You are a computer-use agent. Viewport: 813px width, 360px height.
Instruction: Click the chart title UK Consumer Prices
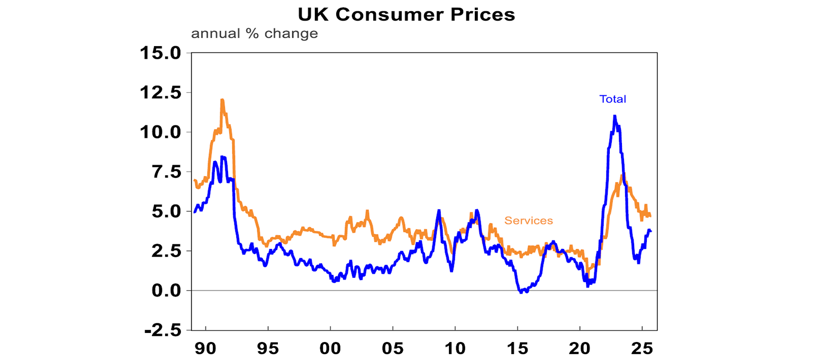pyautogui.click(x=406, y=14)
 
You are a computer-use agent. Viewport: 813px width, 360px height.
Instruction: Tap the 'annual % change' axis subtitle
pyautogui.click(x=254, y=34)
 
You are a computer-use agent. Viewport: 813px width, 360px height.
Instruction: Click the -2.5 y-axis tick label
pyautogui.click(x=161, y=330)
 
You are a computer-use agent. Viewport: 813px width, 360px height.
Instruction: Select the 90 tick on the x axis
pyautogui.click(x=205, y=349)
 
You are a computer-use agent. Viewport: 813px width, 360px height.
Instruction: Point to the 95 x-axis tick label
pyautogui.click(x=268, y=349)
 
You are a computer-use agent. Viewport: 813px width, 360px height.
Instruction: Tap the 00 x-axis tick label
pyautogui.click(x=330, y=349)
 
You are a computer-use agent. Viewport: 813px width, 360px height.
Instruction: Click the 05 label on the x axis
pyautogui.click(x=392, y=349)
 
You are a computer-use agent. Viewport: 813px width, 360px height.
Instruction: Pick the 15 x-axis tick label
pyautogui.click(x=517, y=349)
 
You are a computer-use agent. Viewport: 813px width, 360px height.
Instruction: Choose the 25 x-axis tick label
pyautogui.click(x=642, y=349)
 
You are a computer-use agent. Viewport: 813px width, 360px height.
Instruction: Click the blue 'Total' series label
pyautogui.click(x=612, y=99)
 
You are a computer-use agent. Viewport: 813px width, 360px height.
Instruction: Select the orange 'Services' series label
pyautogui.click(x=528, y=221)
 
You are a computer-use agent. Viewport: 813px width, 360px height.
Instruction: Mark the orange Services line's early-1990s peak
pyautogui.click(x=222, y=100)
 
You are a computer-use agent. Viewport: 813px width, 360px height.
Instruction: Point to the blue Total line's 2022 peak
pyautogui.click(x=615, y=116)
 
